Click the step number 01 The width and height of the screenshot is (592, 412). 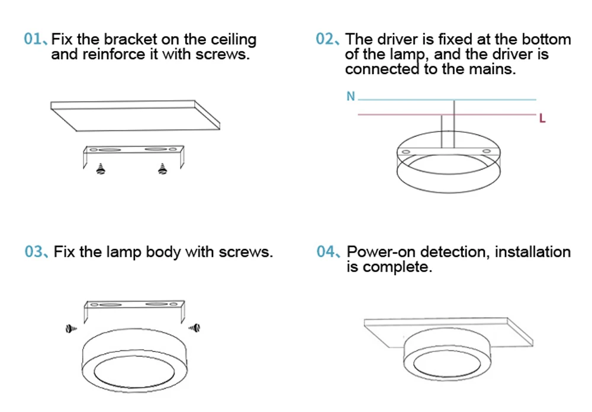coord(32,40)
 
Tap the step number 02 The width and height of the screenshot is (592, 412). coord(325,40)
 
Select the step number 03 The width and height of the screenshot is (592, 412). coord(34,252)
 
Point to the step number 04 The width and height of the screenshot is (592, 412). coord(326,252)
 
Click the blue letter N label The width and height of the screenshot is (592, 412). coord(350,96)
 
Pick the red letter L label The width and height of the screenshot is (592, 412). coord(542,119)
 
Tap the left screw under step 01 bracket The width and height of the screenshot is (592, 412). coord(101,170)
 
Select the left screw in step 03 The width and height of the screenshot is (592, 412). coord(71,328)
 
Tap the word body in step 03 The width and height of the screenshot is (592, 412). coord(163,252)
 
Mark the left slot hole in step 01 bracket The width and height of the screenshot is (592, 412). coord(110,149)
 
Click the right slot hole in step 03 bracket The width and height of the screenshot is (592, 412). coord(157,305)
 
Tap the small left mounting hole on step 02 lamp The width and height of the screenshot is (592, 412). coord(406,153)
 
